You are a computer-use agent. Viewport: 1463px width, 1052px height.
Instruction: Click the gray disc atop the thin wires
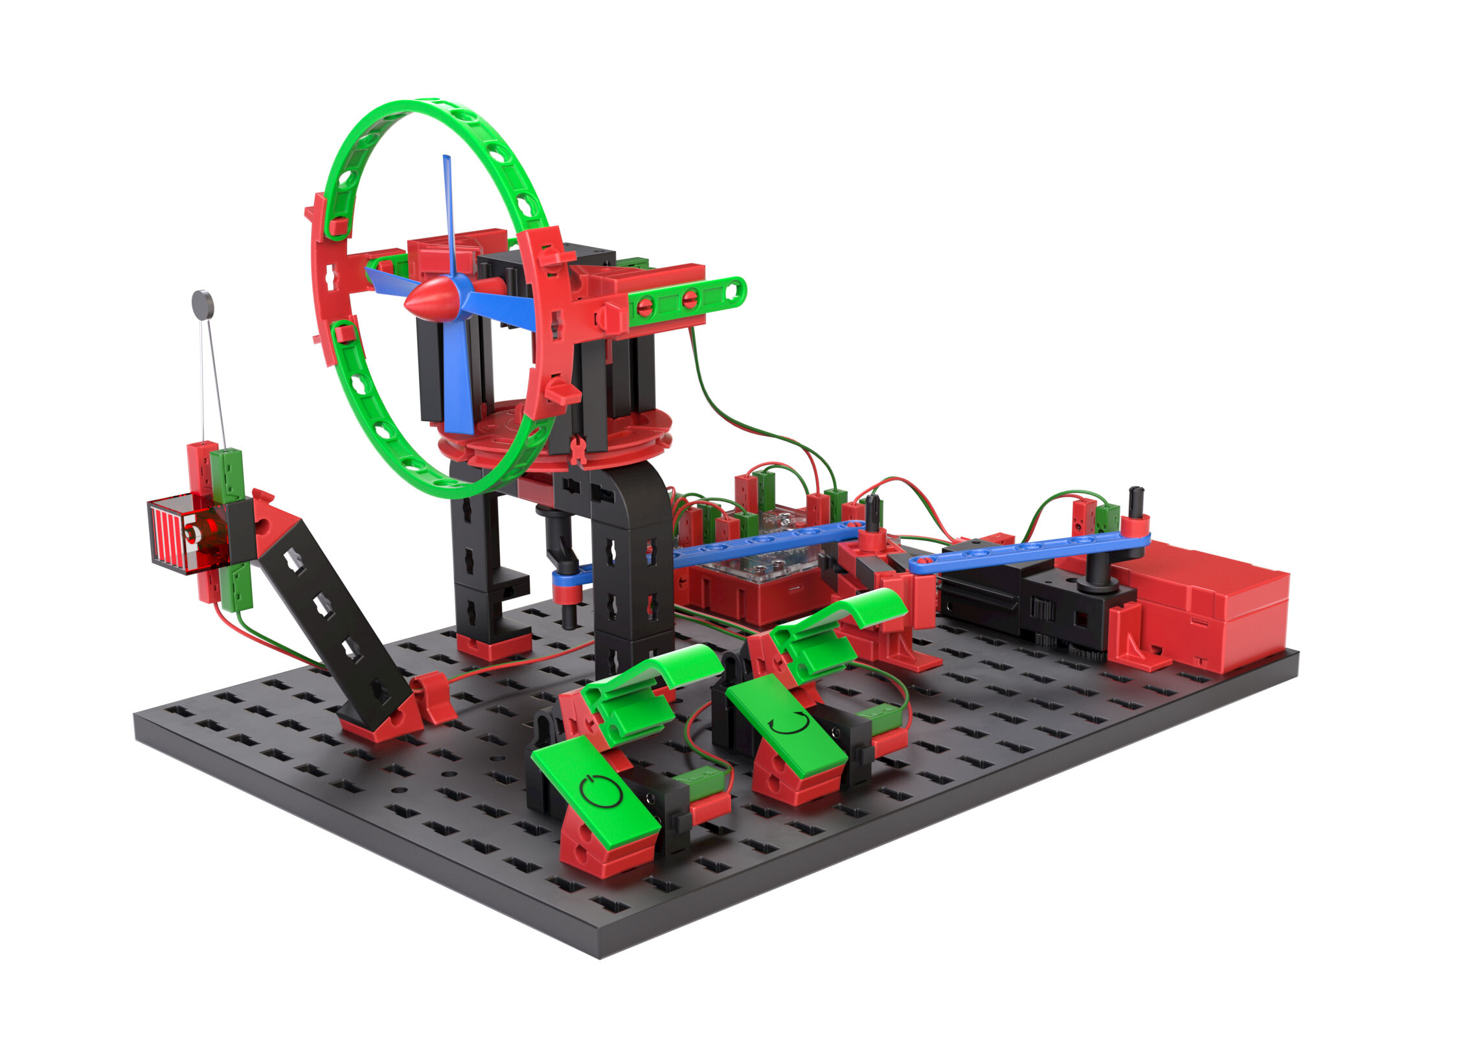tap(203, 304)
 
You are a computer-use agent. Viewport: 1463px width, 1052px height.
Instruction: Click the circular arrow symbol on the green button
tap(791, 723)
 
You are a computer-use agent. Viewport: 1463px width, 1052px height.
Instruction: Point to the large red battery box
tap(1205, 609)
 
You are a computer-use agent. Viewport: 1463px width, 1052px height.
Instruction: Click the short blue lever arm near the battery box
tap(1030, 551)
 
